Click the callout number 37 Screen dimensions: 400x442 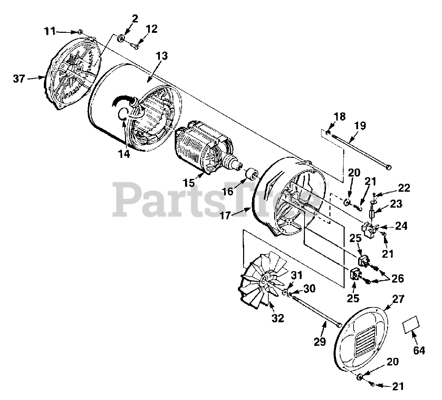(19, 79)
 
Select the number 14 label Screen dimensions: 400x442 (124, 154)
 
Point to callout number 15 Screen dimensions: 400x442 (189, 183)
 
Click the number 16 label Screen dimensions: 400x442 (228, 191)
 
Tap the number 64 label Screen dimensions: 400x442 (419, 350)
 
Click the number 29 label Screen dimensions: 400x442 (320, 342)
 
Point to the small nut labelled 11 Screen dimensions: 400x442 (79, 32)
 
